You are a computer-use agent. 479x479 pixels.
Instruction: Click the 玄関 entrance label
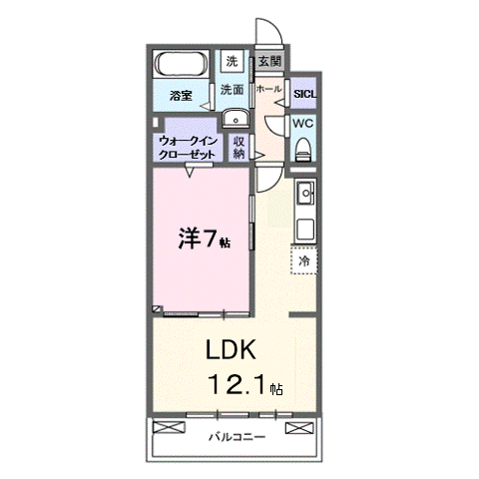point(269,61)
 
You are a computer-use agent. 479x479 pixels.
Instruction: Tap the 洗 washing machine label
point(232,61)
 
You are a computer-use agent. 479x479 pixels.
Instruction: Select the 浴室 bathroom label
point(181,97)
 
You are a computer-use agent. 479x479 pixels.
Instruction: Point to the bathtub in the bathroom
point(182,66)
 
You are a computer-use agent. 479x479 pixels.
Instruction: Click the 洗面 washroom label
point(233,89)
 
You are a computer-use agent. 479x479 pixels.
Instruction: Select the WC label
point(303,125)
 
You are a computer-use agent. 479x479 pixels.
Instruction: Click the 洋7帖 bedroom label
point(204,240)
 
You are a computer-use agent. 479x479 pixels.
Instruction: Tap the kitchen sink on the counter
point(305,193)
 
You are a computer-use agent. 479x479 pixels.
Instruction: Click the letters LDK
point(233,351)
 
